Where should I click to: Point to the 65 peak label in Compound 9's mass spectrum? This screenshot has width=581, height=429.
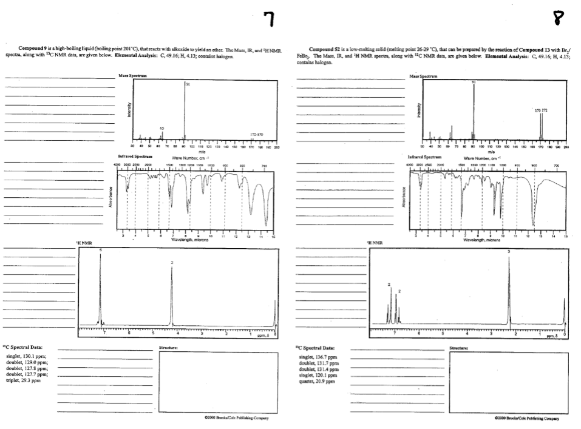click(161, 129)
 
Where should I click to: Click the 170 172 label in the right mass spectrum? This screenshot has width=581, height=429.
click(540, 110)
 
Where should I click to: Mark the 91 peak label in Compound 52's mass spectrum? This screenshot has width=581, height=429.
click(474, 81)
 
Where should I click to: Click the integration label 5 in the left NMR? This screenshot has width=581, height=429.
click(101, 250)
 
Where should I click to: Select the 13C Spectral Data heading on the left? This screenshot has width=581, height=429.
click(22, 348)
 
